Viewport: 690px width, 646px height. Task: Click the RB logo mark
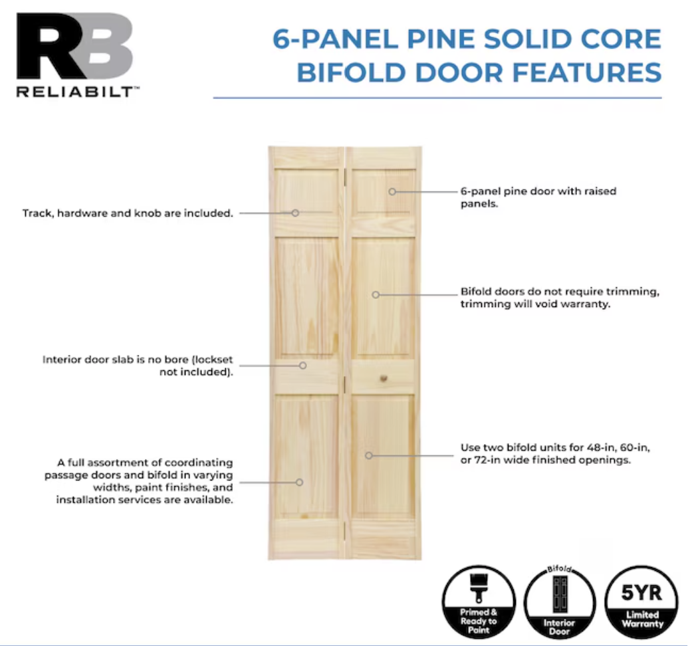click(75, 46)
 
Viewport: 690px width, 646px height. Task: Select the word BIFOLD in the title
click(351, 72)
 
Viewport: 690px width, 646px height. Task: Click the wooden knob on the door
click(384, 378)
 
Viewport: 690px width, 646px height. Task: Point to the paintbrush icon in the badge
click(479, 588)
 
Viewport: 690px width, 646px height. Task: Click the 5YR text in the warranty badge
click(641, 593)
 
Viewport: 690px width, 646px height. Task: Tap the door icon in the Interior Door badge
click(560, 594)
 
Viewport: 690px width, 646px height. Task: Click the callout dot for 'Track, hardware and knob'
click(295, 213)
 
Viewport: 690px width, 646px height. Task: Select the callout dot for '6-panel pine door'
click(392, 191)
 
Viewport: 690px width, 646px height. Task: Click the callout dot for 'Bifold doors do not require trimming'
click(376, 295)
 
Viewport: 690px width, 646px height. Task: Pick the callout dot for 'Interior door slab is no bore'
click(302, 366)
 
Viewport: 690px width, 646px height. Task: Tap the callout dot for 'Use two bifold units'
click(369, 455)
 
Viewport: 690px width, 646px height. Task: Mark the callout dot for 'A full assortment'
click(299, 483)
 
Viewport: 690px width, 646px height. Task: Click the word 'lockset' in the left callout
click(213, 360)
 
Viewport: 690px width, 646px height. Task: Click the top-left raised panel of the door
click(306, 191)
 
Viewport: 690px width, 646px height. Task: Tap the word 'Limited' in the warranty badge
click(642, 615)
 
